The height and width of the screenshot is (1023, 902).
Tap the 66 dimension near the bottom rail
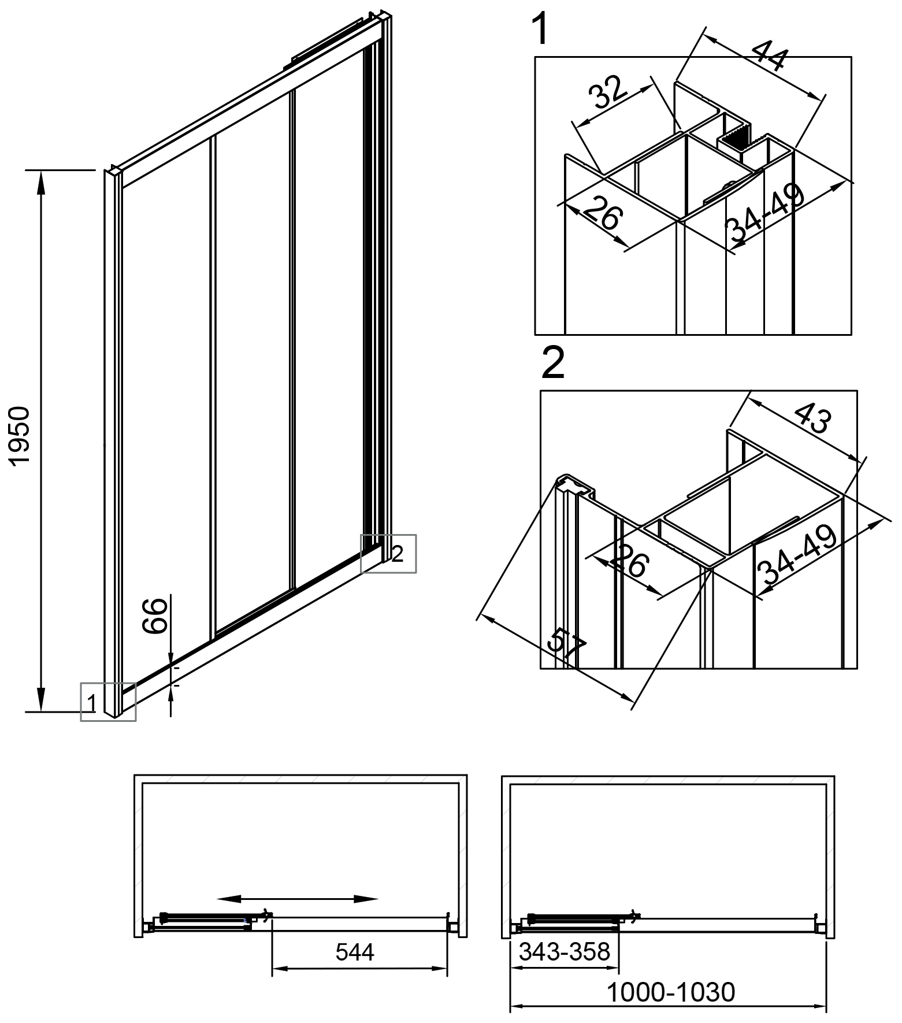155,617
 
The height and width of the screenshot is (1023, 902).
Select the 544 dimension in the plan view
355,952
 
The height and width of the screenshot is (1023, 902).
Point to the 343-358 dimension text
564,951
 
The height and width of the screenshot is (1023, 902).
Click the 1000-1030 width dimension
670,992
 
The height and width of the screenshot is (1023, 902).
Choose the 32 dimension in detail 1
608,92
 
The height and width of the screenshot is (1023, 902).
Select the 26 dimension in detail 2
630,560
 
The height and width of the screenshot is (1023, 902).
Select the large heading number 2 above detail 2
553,364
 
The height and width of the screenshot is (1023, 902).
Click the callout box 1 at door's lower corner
108,702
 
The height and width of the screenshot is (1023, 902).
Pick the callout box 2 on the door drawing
388,554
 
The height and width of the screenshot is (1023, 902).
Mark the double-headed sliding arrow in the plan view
297,899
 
